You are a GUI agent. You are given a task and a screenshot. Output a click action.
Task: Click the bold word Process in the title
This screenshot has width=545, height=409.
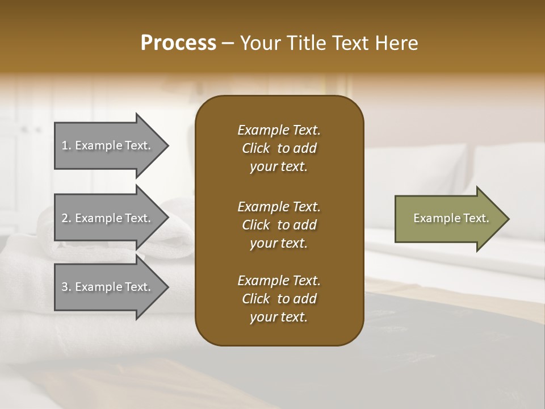[178, 43]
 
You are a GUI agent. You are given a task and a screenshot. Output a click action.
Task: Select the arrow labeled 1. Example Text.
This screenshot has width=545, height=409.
[108, 145]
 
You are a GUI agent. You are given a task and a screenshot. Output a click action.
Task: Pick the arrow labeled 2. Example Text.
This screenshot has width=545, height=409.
[108, 218]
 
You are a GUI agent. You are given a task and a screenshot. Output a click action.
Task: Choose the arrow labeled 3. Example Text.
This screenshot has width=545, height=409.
[108, 287]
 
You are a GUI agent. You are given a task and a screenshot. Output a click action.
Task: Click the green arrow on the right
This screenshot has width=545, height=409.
[448, 218]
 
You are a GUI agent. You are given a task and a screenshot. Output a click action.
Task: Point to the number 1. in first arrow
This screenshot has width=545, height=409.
[66, 145]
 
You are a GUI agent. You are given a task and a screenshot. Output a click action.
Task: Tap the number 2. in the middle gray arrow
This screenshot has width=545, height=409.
[66, 218]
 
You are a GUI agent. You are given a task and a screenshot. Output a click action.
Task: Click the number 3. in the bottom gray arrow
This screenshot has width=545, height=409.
[66, 287]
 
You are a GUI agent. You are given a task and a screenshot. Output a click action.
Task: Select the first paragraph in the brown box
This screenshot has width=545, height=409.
[279, 148]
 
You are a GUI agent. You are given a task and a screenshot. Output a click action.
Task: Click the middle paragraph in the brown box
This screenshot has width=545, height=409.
[279, 224]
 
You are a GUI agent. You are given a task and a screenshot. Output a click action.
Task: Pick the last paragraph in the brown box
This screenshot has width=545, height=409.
[279, 299]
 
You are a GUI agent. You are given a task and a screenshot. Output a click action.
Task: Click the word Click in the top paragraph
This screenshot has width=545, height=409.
[255, 148]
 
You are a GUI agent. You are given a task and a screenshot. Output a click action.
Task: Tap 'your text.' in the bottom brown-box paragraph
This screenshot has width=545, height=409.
[279, 318]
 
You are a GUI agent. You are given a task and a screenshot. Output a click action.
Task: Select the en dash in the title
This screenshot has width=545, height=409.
[228, 44]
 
